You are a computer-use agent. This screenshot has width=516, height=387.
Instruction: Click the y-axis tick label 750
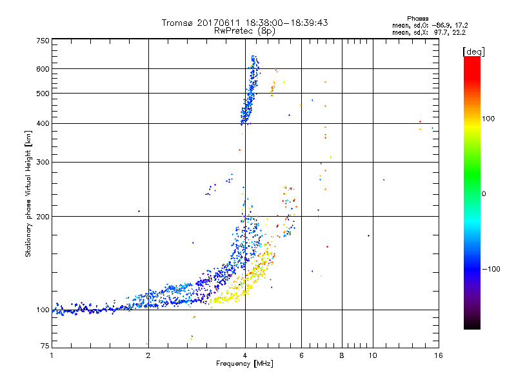click(43, 40)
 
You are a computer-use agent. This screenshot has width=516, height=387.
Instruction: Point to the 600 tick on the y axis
click(43, 68)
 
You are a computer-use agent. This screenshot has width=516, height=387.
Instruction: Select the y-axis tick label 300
click(43, 162)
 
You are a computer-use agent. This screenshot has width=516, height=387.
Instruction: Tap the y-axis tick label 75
click(45, 348)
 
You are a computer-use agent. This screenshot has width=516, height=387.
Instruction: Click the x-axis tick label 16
click(438, 355)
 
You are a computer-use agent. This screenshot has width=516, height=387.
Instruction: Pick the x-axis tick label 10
click(372, 355)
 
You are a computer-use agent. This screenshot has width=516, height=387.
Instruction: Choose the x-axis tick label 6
click(301, 355)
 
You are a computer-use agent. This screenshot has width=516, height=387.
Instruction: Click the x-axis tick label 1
click(52, 355)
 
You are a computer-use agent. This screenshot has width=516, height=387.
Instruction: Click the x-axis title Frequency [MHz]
click(244, 364)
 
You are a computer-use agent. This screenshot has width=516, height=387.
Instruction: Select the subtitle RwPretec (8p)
click(244, 30)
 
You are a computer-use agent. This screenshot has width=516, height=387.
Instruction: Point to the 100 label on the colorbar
click(489, 119)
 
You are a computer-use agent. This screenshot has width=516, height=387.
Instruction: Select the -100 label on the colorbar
click(491, 268)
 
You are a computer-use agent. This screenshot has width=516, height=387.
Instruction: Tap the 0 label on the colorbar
click(484, 193)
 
